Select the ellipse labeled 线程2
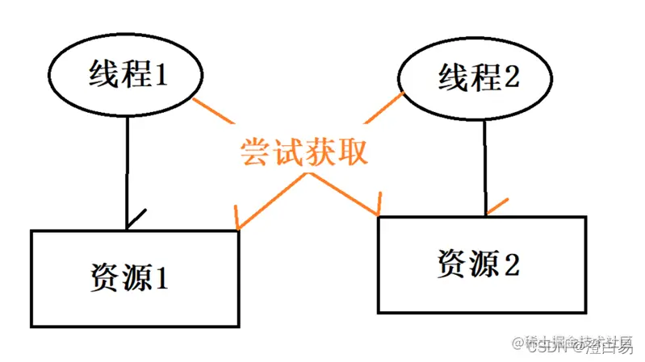point(477,79)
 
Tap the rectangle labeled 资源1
point(135,278)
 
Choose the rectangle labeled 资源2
point(482,263)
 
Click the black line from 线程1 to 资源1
point(128,169)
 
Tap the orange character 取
point(353,152)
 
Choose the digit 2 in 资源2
point(513,264)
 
